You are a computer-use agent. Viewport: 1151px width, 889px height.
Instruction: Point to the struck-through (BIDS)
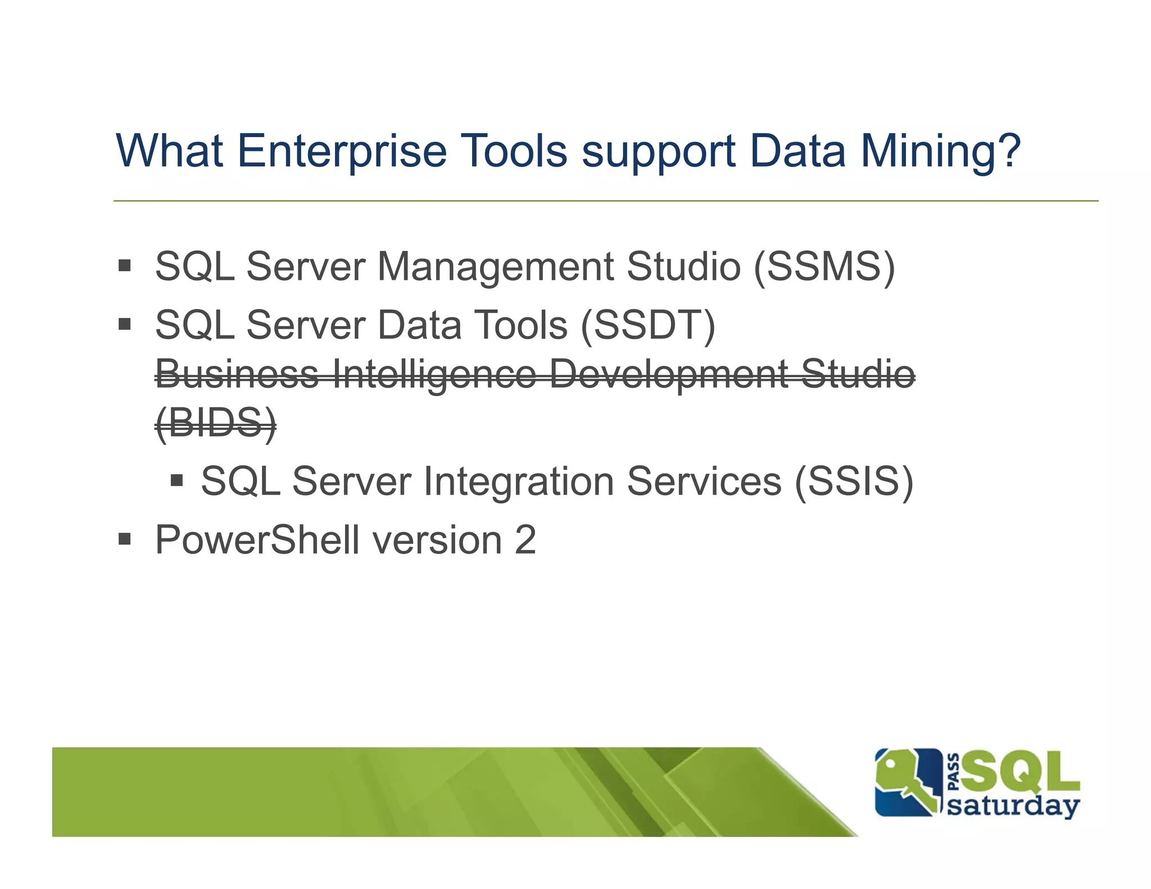point(216,423)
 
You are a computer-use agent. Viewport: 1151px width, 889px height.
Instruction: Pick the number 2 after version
point(525,540)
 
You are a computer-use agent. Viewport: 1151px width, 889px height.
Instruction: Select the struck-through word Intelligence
point(434,374)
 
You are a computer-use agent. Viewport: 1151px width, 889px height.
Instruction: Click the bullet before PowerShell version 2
point(125,540)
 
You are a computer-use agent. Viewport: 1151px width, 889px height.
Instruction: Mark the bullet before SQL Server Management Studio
point(125,265)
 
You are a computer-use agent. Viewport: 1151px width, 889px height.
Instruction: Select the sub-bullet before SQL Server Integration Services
point(177,480)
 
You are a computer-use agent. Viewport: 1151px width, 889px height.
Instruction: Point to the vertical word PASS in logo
point(953,772)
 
